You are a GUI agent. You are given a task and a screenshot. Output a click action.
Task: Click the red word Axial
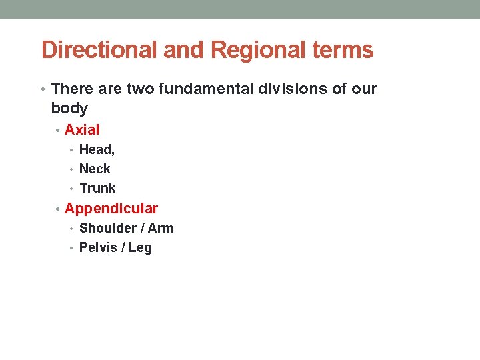[x=82, y=130]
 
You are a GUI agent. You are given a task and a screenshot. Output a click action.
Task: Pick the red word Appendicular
[x=111, y=209]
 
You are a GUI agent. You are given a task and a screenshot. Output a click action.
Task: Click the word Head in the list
[x=96, y=150]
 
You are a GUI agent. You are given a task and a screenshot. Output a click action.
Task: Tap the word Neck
[x=95, y=169]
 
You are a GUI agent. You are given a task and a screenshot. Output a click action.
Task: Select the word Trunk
[x=97, y=189]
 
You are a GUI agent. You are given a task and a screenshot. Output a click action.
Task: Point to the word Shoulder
[x=108, y=229]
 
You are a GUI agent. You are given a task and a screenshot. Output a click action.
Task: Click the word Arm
[x=161, y=229]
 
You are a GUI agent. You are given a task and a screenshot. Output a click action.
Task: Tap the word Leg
[x=140, y=248]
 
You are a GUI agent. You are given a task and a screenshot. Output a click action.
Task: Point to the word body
[x=69, y=108]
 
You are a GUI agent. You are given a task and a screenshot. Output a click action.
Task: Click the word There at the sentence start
[x=71, y=89]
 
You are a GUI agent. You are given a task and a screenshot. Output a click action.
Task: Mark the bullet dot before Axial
[x=58, y=131]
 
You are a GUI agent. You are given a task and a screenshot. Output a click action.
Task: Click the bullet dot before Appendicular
[x=58, y=209]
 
